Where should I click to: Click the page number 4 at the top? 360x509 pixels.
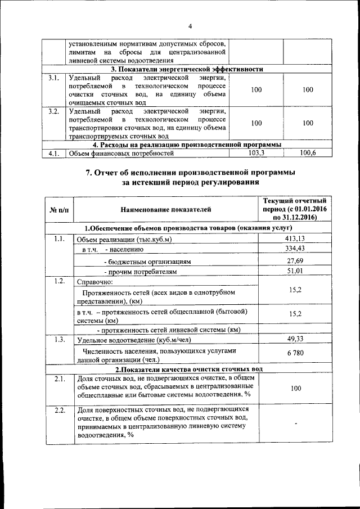(190, 26)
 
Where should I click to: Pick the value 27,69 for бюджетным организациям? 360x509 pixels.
(295, 261)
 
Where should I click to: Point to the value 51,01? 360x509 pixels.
(295, 272)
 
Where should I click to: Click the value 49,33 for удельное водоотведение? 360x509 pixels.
(295, 339)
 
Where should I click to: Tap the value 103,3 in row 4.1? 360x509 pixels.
(256, 152)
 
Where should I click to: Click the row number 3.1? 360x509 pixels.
(55, 78)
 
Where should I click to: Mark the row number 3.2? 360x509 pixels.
(55, 111)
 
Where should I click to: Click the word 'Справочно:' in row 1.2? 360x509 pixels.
(94, 281)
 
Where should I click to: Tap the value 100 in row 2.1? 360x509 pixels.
(295, 388)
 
